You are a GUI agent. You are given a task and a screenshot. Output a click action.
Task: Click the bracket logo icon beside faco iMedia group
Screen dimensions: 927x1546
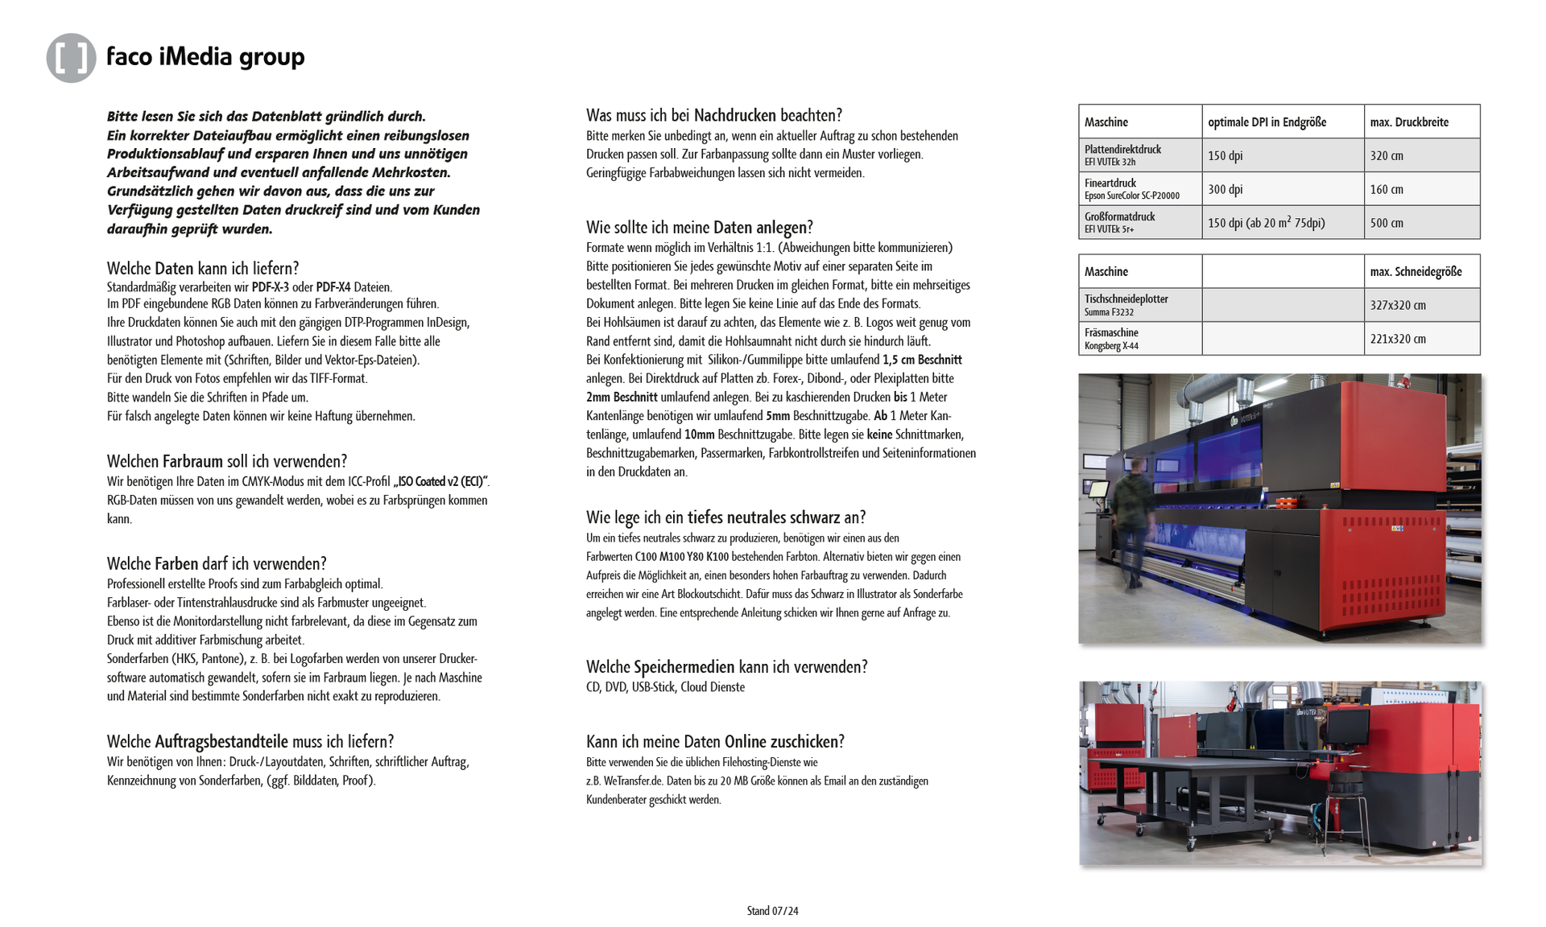[71, 58]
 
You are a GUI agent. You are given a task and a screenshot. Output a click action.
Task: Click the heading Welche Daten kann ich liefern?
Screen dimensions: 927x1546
[203, 268]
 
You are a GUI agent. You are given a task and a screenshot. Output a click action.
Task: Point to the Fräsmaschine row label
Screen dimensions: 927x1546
[1111, 333]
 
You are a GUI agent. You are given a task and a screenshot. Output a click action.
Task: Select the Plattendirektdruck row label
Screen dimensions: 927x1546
[1122, 150]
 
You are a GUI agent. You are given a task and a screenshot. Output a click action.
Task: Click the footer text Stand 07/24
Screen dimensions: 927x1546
[772, 911]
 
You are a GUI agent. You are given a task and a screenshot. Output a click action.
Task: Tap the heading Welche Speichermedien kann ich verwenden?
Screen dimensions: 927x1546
[726, 667]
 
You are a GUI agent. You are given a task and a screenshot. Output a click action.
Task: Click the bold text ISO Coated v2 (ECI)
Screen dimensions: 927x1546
[440, 482]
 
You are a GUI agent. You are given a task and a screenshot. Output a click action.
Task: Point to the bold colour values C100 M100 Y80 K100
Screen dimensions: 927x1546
[681, 557]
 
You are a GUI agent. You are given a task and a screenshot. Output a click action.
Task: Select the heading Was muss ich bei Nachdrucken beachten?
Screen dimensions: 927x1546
[713, 115]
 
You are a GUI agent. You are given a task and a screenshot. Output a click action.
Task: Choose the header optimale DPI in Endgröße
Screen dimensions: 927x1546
[1267, 122]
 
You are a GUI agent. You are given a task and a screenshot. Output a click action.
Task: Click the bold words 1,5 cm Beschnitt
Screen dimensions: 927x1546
[922, 360]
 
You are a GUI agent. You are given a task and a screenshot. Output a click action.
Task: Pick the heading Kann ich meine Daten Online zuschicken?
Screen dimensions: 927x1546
[715, 742]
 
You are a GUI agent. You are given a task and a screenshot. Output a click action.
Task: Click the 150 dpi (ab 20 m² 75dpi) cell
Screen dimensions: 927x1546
[1266, 223]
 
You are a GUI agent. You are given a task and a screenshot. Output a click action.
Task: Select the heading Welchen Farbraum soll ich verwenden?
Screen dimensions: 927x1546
[227, 461]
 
